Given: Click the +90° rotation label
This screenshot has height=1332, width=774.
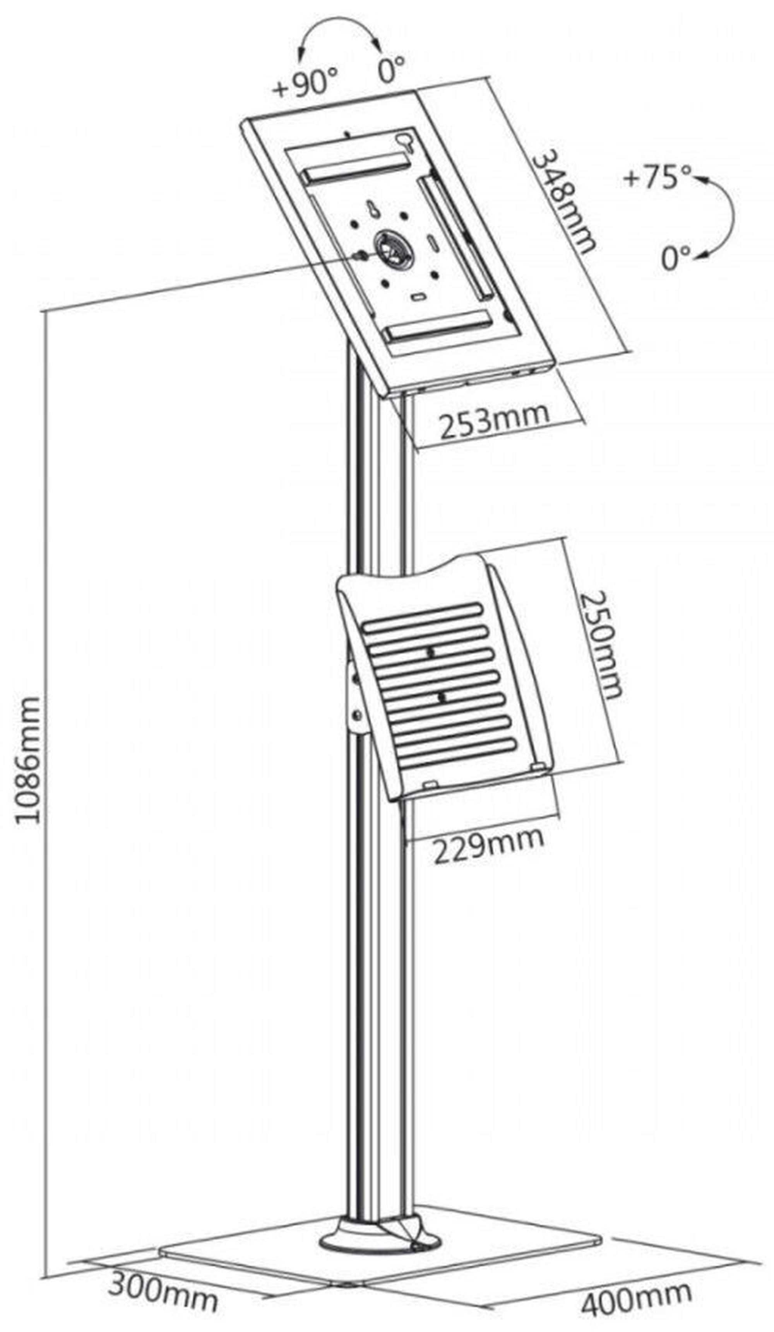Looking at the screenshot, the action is tap(305, 84).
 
